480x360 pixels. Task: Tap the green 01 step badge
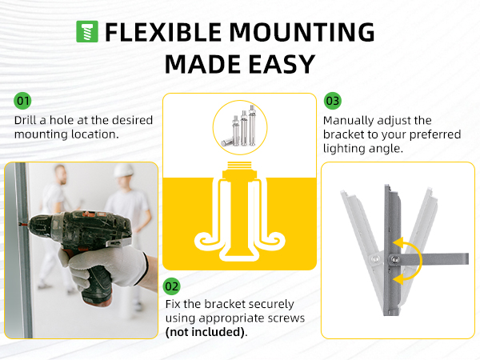(x=23, y=101)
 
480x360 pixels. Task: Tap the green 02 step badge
(x=172, y=286)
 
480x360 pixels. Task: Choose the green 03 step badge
(x=332, y=101)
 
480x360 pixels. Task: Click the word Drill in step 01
(x=26, y=120)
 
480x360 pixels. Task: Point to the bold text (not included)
(x=206, y=331)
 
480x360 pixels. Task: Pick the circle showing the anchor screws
(x=239, y=128)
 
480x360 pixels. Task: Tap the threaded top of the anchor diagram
(x=240, y=172)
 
